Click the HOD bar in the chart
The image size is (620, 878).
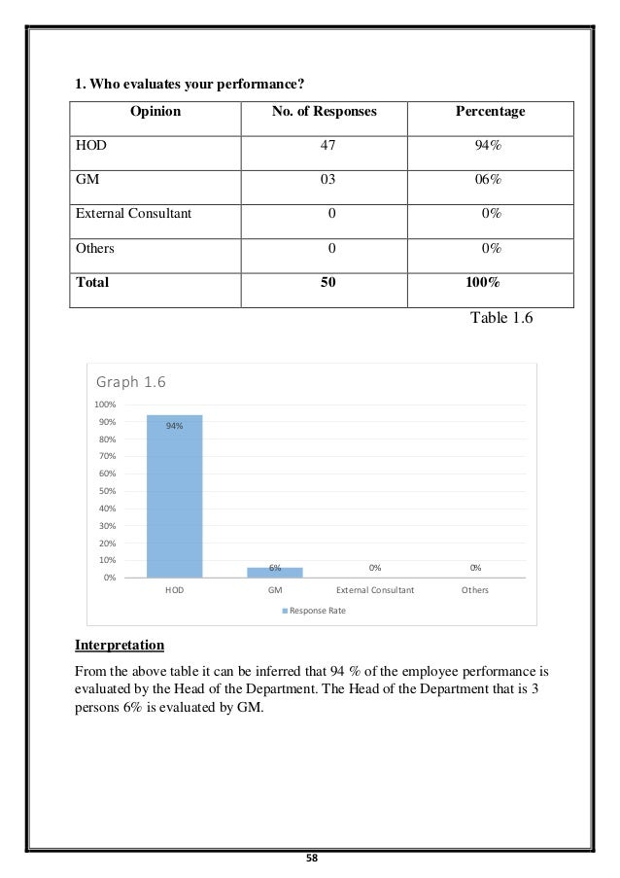click(x=175, y=496)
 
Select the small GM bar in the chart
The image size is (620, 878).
click(x=275, y=573)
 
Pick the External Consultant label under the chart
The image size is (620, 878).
click(x=375, y=590)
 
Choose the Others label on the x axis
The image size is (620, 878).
click(x=475, y=590)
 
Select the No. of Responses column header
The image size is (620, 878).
click(x=325, y=112)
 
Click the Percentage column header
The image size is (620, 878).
click(x=490, y=112)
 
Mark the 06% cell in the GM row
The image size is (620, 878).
click(x=490, y=180)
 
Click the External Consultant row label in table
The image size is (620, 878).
click(x=133, y=214)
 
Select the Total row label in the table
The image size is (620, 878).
click(x=93, y=283)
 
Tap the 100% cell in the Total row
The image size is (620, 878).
click(x=483, y=283)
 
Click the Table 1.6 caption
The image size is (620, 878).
click(x=501, y=318)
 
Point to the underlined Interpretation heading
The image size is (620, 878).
click(x=120, y=645)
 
